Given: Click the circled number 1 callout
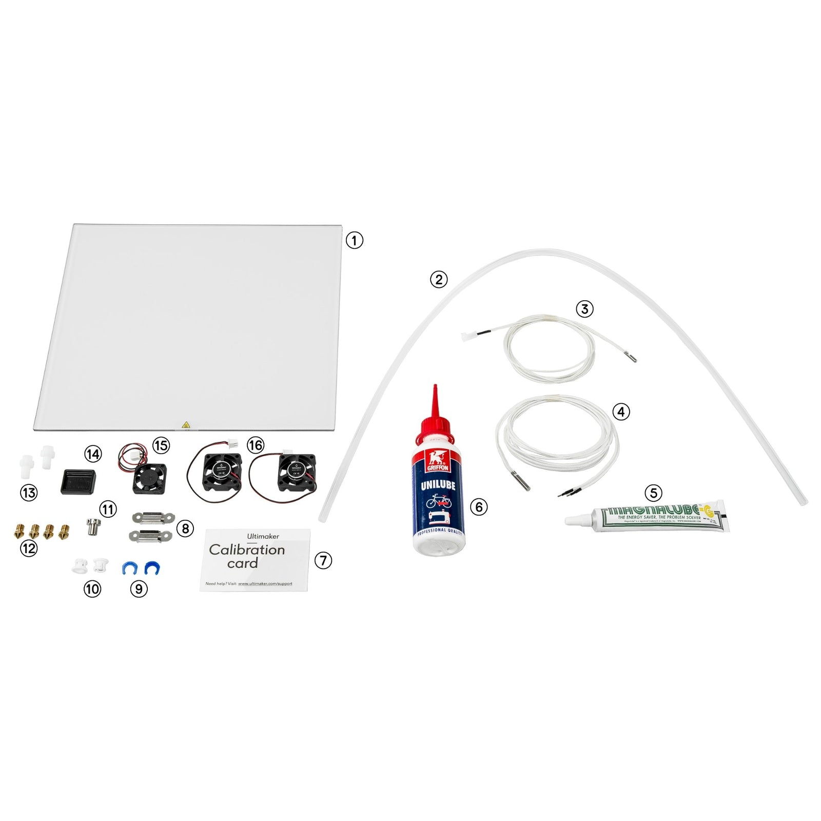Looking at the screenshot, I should click(354, 240).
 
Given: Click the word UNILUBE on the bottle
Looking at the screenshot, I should click(438, 485).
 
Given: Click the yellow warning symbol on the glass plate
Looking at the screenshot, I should click(186, 425).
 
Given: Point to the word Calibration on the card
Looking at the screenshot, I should click(247, 550).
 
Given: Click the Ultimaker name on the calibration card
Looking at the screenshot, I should click(263, 536).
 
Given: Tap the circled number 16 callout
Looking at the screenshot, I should click(256, 445).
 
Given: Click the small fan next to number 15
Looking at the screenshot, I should click(149, 478).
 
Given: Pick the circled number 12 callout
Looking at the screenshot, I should click(29, 549).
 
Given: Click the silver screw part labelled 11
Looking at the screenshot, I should click(93, 526).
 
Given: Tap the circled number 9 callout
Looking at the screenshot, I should click(139, 589).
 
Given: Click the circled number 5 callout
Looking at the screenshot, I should click(653, 493).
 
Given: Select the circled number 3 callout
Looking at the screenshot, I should click(584, 309).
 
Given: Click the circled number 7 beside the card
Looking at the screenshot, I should click(323, 560).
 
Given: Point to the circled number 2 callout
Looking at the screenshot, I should click(439, 280).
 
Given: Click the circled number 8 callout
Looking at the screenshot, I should click(185, 528).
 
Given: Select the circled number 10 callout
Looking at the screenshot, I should click(92, 589).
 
